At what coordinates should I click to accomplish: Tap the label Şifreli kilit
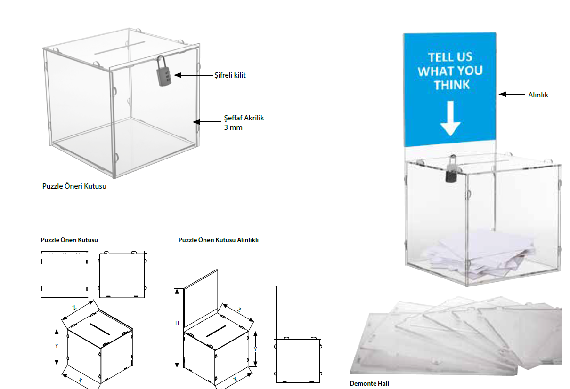pyautogui.click(x=230, y=75)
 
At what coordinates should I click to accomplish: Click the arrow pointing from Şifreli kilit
pyautogui.click(x=194, y=75)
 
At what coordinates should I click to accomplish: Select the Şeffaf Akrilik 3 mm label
pyautogui.click(x=244, y=122)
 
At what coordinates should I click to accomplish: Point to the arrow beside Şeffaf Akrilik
pyautogui.click(x=207, y=122)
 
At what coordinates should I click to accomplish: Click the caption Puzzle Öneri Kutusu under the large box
pyautogui.click(x=74, y=186)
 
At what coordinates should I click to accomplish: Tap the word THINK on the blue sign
pyautogui.click(x=452, y=85)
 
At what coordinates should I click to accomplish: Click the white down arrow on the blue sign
pyautogui.click(x=450, y=119)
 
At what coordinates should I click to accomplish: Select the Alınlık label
pyautogui.click(x=538, y=95)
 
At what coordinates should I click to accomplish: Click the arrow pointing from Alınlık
pyautogui.click(x=512, y=94)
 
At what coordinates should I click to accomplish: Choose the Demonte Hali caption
pyautogui.click(x=369, y=383)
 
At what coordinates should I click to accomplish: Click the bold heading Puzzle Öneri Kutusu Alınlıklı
pyautogui.click(x=218, y=240)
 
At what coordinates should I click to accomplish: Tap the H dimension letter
pyautogui.click(x=177, y=323)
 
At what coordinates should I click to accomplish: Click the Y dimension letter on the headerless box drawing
pyautogui.click(x=57, y=346)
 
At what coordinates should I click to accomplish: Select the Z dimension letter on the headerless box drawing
pyautogui.click(x=74, y=308)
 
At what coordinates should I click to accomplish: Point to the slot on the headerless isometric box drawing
pyautogui.click(x=100, y=329)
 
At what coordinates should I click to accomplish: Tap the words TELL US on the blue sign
pyautogui.click(x=450, y=57)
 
